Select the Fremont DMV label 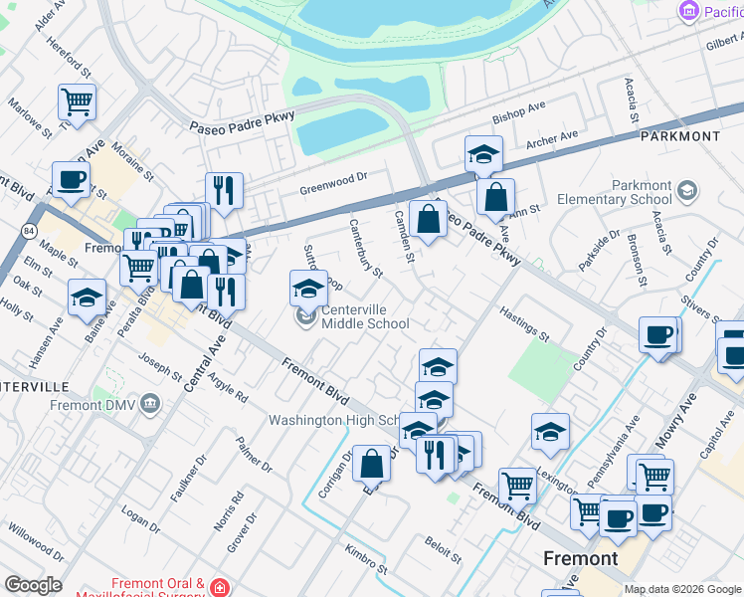pos(96,405)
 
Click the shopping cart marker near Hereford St pos(77,100)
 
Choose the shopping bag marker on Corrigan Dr pos(371,463)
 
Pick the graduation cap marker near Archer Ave pos(483,154)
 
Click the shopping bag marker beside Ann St pos(494,196)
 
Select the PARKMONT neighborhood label pos(679,135)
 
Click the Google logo pos(33,585)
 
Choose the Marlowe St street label pos(29,117)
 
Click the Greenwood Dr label pos(334,182)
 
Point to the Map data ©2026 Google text pos(682,589)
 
